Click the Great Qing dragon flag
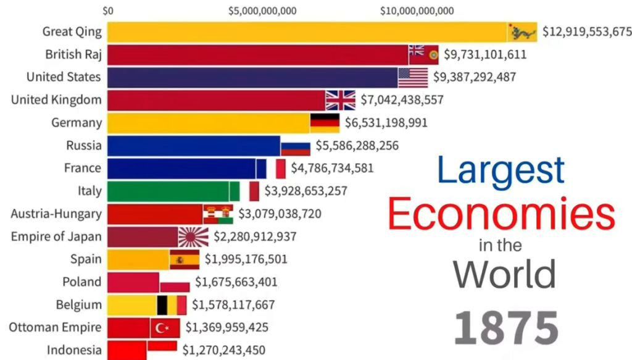pos(522,31)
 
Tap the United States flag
pos(413,77)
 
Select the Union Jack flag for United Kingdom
pos(341,100)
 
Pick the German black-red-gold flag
pos(325,123)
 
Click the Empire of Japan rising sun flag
pos(194,237)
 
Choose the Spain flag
pos(184,259)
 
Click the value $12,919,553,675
pos(587,31)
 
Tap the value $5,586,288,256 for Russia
pos(357,146)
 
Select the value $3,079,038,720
pos(279,214)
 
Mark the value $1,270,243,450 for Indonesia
pos(224,350)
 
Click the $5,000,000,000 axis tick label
pos(262,10)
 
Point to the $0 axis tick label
pos(108,10)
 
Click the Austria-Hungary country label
pos(56,214)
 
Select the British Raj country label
pos(73,54)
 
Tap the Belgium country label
pos(78,304)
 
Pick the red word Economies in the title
pos(501,214)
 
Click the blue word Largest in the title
pos(501,170)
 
